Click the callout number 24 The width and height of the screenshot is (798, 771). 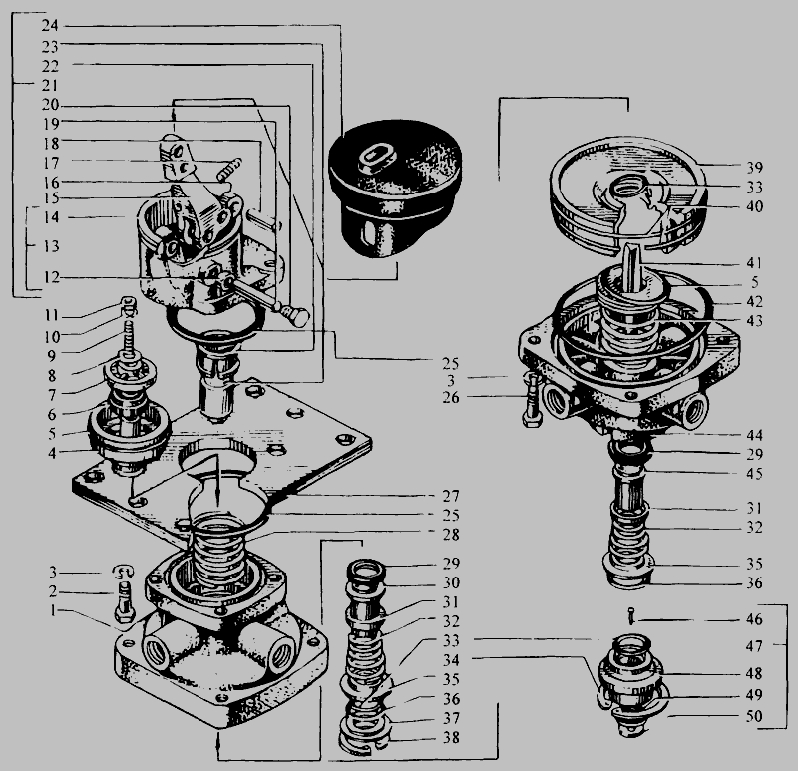tap(51, 25)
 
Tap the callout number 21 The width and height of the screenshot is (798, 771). tap(50, 85)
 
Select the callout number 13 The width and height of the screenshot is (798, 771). tap(51, 246)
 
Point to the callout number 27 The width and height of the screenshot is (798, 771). tap(451, 496)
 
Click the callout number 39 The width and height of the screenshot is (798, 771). tap(755, 168)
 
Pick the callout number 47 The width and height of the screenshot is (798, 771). tap(754, 646)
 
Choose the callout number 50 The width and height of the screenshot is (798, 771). tap(754, 716)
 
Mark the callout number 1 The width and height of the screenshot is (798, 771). tap(53, 610)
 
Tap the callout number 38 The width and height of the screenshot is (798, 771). tap(451, 737)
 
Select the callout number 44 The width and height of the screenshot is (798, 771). tap(754, 435)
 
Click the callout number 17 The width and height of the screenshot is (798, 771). tap(51, 163)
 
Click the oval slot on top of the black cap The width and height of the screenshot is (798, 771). tap(376, 157)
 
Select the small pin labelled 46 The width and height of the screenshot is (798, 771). tap(631, 615)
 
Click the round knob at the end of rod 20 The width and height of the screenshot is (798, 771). tap(298, 317)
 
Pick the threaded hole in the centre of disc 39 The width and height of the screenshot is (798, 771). tap(627, 187)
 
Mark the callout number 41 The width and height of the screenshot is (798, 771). tap(754, 263)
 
